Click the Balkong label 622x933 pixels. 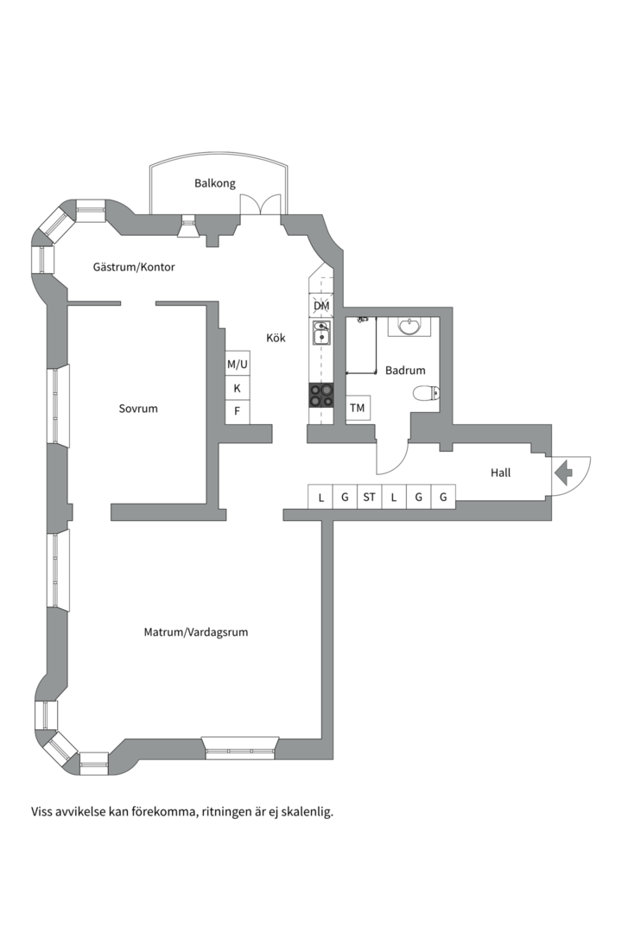(215, 183)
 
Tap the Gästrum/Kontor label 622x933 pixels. (134, 267)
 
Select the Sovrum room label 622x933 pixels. (138, 409)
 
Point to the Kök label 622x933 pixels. (276, 338)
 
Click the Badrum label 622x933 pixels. (405, 370)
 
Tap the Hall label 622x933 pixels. (500, 473)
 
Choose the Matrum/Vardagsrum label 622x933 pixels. (196, 632)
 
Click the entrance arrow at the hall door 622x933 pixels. (563, 473)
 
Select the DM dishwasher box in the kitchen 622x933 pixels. (321, 306)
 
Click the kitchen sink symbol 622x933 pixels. (321, 333)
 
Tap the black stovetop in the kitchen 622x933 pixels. (321, 395)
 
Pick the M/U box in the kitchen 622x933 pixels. (237, 364)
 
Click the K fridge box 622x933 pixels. (237, 389)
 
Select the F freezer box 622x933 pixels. (237, 412)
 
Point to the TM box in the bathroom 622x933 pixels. (358, 408)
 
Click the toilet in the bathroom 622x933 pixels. (426, 393)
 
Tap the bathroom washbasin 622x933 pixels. (409, 327)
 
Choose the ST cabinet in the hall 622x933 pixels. (369, 497)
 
